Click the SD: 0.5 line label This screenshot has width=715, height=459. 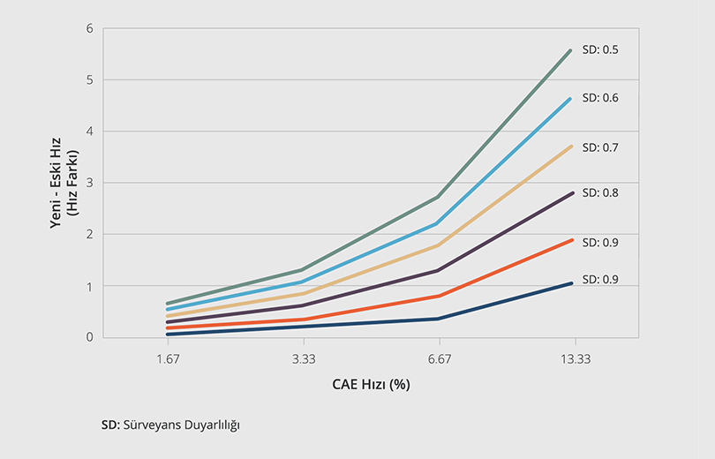click(x=599, y=49)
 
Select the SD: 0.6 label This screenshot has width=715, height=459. click(x=599, y=98)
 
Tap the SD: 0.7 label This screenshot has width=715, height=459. click(x=599, y=147)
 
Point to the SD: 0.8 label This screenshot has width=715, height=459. click(x=599, y=192)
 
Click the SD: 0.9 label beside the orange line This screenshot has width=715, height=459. click(x=599, y=241)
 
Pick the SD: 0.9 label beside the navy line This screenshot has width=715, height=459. click(x=599, y=280)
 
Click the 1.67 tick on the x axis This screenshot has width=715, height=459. click(x=168, y=359)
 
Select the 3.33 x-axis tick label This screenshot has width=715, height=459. click(x=304, y=359)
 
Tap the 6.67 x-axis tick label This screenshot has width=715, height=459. click(x=439, y=359)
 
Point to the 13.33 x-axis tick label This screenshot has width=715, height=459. click(x=575, y=359)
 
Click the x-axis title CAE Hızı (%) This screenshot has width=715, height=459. click(x=371, y=385)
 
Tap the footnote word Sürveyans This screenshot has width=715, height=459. click(x=149, y=425)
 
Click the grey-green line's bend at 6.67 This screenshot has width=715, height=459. click(x=439, y=197)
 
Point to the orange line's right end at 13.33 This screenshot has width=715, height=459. click(x=572, y=240)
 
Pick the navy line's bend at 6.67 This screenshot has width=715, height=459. click(x=439, y=319)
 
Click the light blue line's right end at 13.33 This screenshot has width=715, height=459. click(x=572, y=99)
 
